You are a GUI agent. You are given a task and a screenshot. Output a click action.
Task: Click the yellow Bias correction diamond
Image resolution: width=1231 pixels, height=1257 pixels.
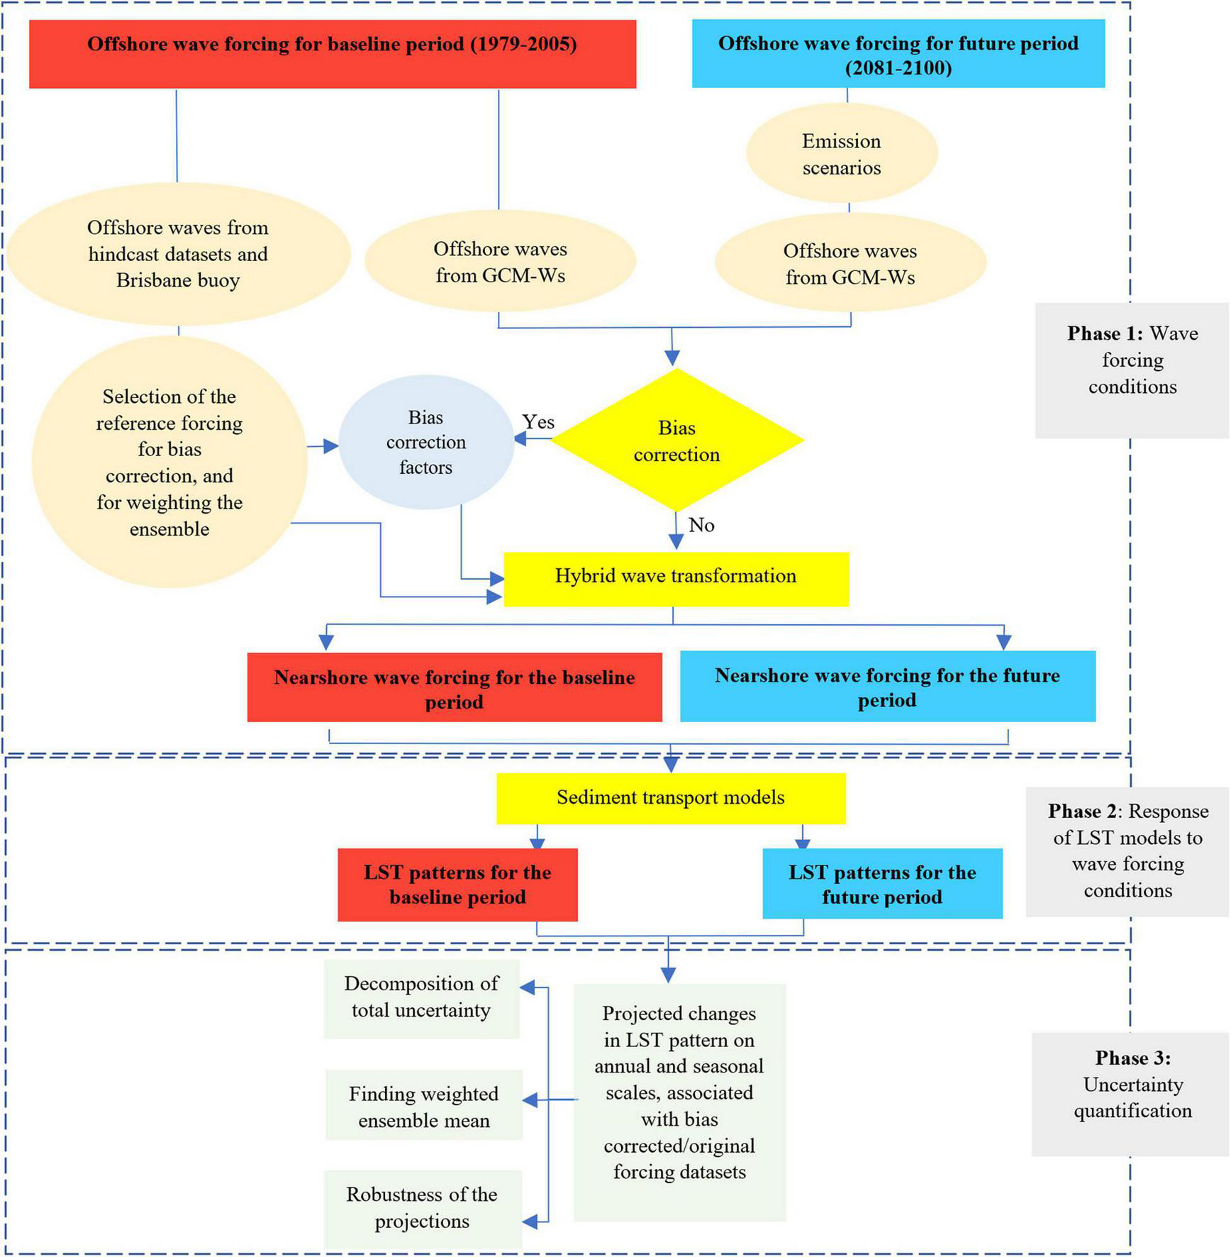pos(676,441)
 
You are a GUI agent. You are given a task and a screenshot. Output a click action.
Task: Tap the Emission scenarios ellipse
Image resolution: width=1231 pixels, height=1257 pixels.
pos(842,154)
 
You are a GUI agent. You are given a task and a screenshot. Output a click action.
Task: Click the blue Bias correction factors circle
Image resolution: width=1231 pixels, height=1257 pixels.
pos(425,442)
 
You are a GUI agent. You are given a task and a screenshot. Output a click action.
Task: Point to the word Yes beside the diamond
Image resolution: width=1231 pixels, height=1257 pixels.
pos(538,422)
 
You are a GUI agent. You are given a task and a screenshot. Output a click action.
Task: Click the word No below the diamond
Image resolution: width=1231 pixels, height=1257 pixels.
pos(701,525)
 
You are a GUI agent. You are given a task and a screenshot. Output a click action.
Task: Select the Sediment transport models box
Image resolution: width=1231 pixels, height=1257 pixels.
pos(671,798)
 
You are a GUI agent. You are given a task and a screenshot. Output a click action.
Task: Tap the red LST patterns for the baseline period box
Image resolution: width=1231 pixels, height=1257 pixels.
pos(457,885)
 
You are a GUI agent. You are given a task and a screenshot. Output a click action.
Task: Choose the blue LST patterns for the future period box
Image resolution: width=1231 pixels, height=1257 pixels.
pos(882,884)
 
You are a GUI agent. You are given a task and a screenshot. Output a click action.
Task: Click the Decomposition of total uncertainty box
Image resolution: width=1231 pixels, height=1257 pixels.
pos(422,998)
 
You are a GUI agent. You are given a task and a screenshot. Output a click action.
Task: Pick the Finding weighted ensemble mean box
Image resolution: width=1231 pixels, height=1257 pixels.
pos(424,1107)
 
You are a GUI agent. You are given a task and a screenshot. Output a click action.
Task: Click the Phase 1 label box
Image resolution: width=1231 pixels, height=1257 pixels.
pos(1132,361)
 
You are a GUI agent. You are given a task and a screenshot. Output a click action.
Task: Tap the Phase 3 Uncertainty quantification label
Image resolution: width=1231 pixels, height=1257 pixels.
pos(1132,1085)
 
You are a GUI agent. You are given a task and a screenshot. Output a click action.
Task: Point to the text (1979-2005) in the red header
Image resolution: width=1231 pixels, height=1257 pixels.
pos(523,44)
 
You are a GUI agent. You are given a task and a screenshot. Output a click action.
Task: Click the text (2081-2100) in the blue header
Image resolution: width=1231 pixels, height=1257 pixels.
pos(898,68)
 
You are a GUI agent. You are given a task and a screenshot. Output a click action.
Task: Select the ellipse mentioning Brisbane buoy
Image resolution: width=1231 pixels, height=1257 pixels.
pos(178,254)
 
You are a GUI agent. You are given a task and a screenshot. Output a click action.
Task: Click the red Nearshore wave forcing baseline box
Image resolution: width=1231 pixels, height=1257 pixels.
pos(455,688)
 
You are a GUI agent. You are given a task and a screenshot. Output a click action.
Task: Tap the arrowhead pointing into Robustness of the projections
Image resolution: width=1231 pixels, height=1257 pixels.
pos(529,1222)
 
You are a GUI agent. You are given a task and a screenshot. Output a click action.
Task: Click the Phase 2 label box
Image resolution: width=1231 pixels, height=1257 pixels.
pos(1127,851)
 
